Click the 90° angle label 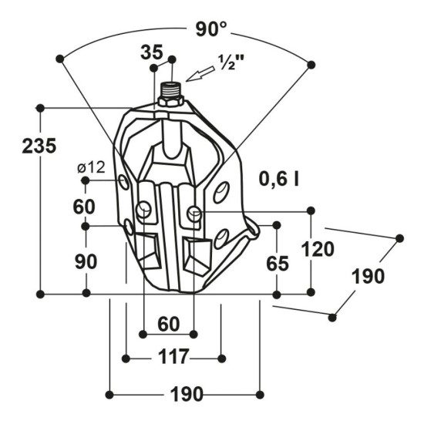tap(211, 29)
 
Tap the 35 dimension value tap(152, 52)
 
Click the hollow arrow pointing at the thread tap(200, 73)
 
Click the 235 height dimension tap(39, 146)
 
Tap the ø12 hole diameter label tap(91, 168)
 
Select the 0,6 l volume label tap(279, 179)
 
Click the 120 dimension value tap(318, 249)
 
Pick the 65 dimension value tap(278, 264)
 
